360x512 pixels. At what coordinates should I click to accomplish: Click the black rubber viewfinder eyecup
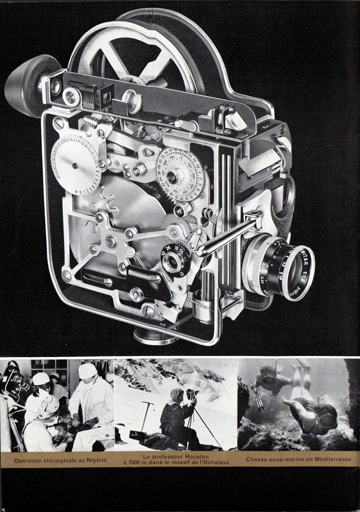(x=26, y=84)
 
